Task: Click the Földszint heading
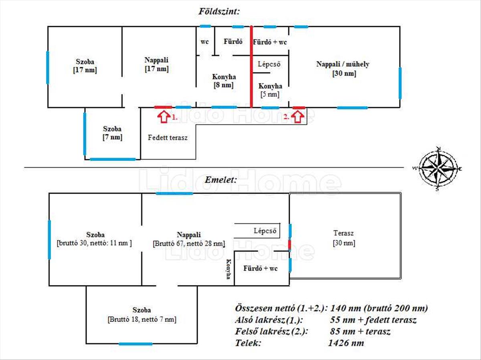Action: click(219, 11)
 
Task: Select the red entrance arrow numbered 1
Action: click(163, 117)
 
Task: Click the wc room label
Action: click(204, 42)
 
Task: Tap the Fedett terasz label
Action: click(168, 137)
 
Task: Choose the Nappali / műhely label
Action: click(343, 69)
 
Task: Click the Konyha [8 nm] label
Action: click(224, 81)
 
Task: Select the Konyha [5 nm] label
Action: click(270, 90)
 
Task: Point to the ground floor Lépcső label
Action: click(269, 64)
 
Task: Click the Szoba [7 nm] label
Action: click(112, 133)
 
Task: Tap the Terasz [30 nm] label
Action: click(344, 238)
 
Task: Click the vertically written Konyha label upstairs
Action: click(228, 269)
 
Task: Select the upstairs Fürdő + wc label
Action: click(260, 268)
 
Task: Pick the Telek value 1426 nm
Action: click(346, 343)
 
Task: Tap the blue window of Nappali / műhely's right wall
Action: click(400, 83)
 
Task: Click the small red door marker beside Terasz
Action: click(289, 245)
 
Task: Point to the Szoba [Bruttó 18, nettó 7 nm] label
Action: click(141, 315)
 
